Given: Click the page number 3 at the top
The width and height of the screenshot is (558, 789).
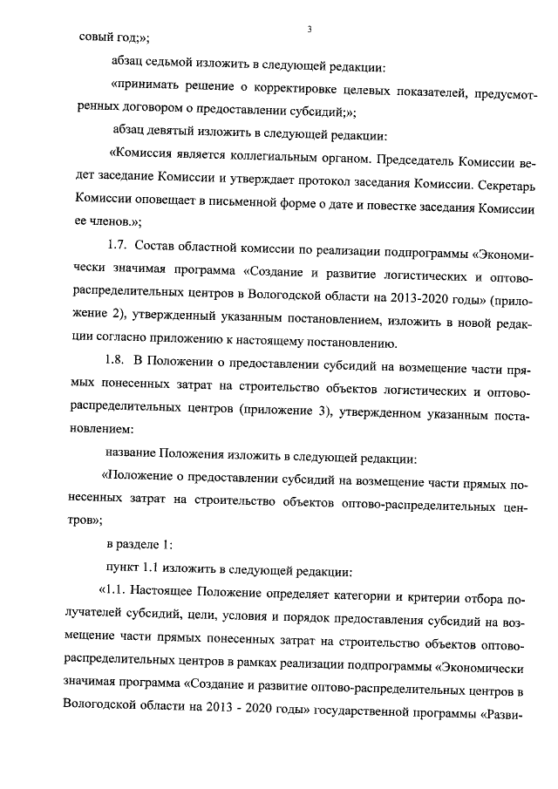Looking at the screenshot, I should [x=310, y=31].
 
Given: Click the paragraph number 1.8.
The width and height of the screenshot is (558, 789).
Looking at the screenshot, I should [x=117, y=362].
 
